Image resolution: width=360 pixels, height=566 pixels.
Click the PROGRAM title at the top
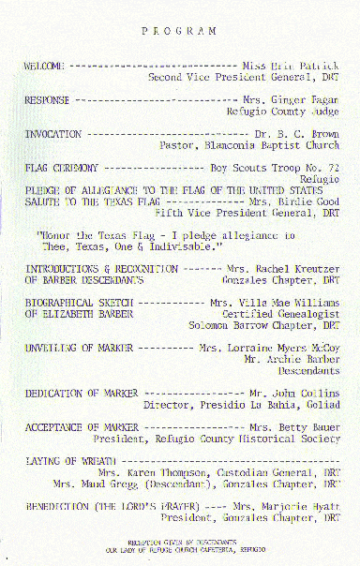pos(179,30)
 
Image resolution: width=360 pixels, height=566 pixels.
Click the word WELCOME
pos(44,67)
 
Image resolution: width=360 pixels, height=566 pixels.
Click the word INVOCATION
pos(52,134)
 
